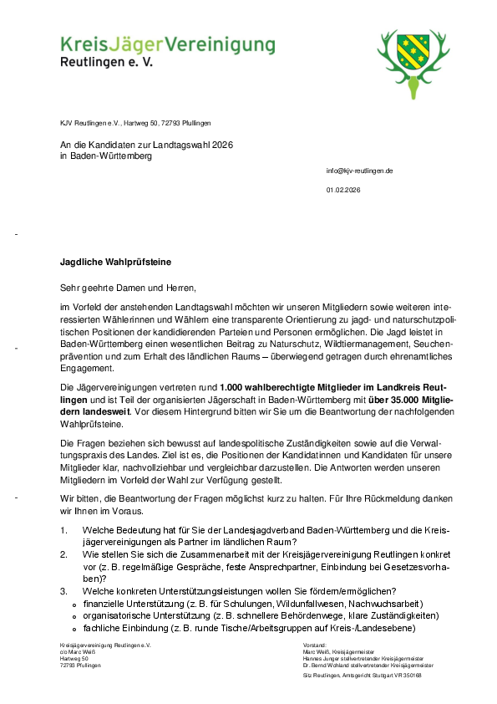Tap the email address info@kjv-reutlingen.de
click(359, 171)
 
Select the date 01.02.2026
click(343, 191)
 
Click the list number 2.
click(64, 554)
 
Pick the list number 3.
click(64, 591)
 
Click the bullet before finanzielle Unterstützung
click(75, 605)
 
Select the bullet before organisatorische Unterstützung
click(75, 616)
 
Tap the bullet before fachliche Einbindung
click(75, 629)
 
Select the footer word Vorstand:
click(315, 645)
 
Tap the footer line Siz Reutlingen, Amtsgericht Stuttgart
click(362, 675)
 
